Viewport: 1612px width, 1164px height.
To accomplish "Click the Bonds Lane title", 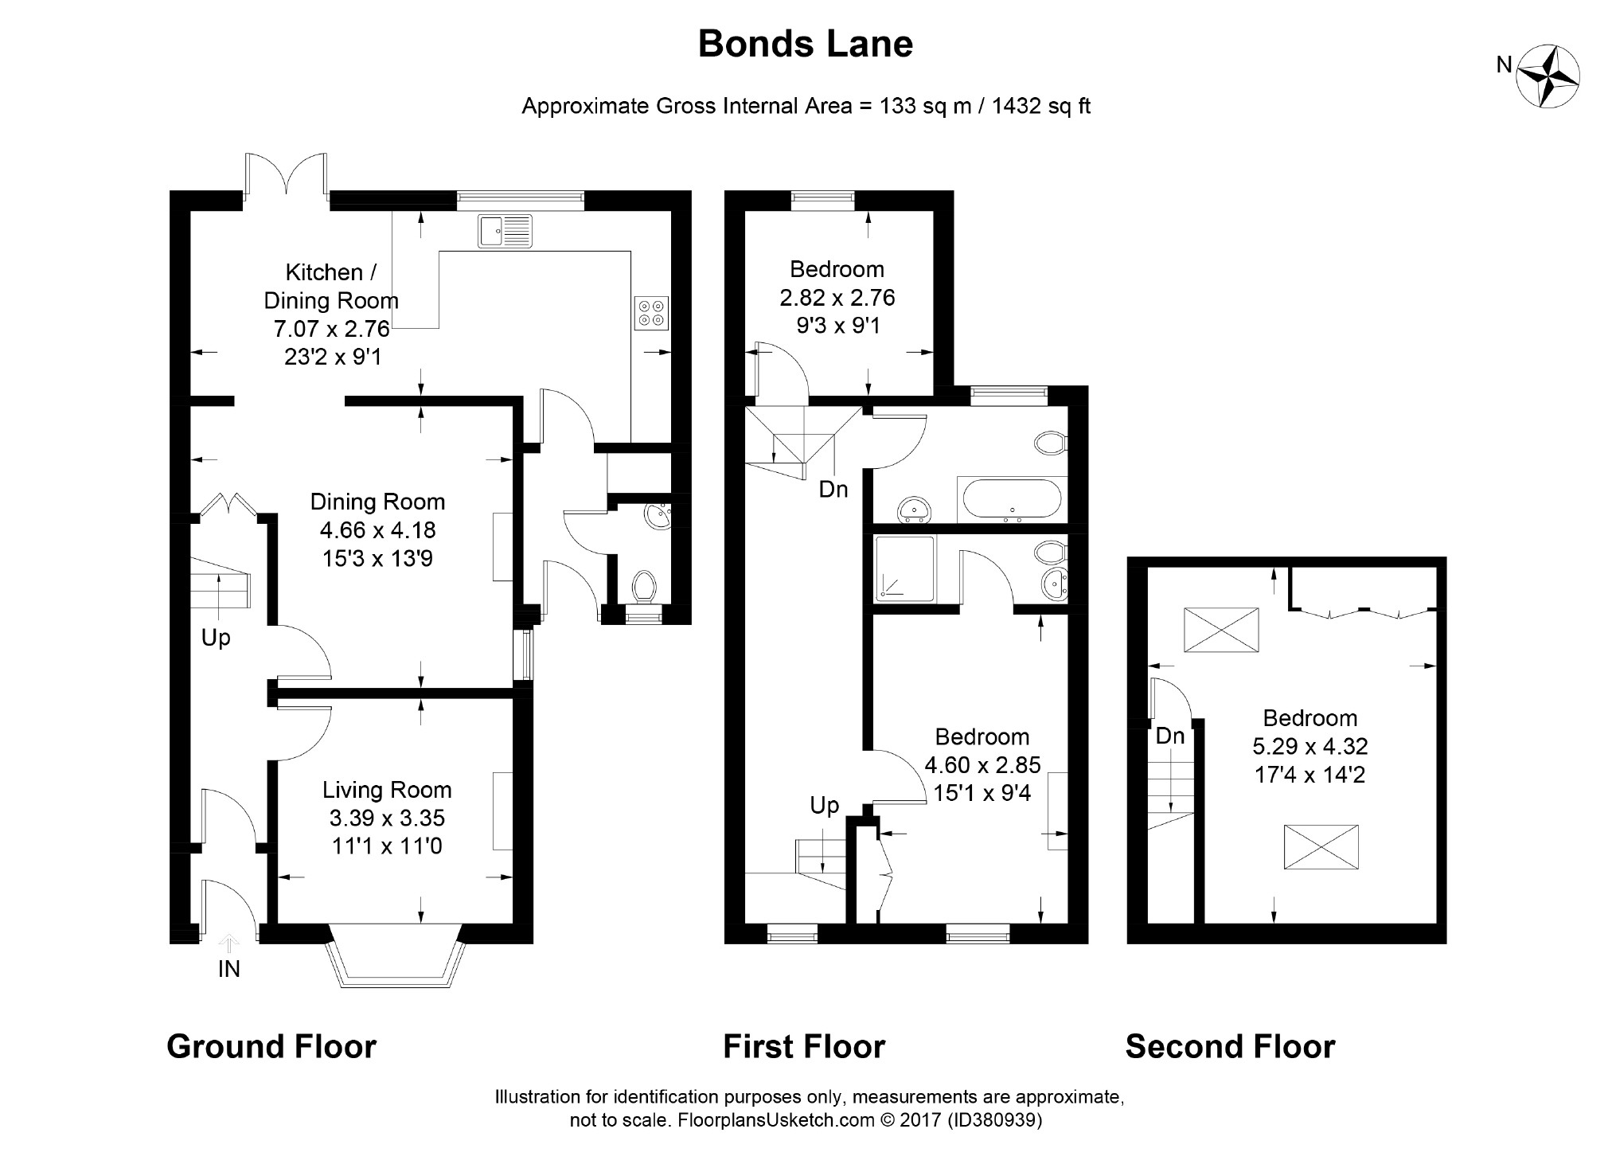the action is pos(805,44).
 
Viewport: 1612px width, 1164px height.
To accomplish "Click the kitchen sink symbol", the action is pos(505,231).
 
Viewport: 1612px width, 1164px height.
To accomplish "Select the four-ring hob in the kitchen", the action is pos(651,312).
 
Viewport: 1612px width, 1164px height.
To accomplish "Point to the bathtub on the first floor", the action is pos(1011,500).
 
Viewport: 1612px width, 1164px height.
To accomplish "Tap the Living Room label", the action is pos(387,790).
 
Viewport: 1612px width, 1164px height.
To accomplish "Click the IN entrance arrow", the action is pos(229,945).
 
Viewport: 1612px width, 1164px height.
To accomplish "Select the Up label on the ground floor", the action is pos(216,638).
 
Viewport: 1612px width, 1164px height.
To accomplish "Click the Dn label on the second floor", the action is pos(1169,736).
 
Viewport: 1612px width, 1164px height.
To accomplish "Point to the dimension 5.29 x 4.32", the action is pos(1310,746).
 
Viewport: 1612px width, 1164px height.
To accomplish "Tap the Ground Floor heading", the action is pos(271,1046).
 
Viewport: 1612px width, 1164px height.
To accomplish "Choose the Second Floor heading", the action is pos(1230,1046).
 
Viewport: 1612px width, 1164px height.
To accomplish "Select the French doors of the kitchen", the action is pos(286,177).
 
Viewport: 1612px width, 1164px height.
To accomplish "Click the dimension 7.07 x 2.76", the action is pos(331,329).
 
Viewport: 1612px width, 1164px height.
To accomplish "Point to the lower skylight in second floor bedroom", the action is pos(1321,846).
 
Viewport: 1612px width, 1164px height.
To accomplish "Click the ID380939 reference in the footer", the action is pos(994,1120).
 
